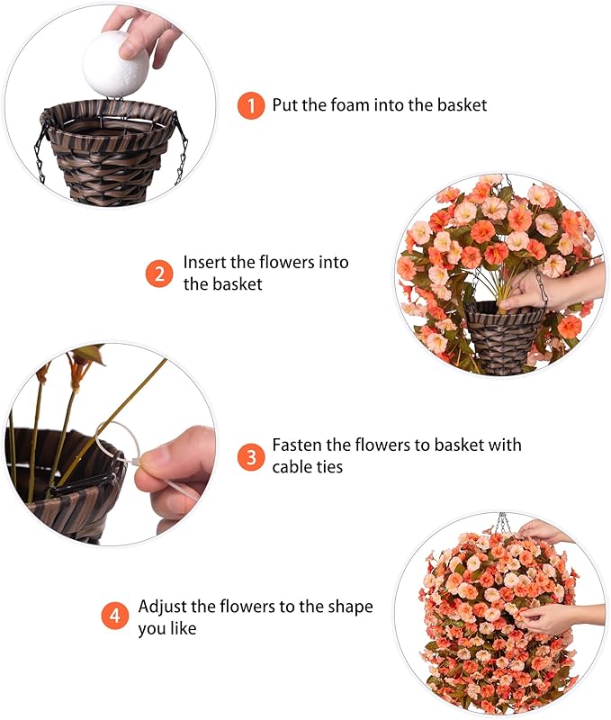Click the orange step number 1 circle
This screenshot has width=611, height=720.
[251, 105]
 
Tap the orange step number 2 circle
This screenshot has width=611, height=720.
[159, 273]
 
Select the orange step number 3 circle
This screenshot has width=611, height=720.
[251, 456]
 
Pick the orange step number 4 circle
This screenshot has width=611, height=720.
[114, 616]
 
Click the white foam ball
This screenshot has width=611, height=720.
[115, 61]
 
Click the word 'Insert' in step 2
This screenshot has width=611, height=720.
[204, 263]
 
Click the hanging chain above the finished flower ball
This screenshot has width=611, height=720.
[502, 523]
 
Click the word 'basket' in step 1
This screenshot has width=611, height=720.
[462, 105]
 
